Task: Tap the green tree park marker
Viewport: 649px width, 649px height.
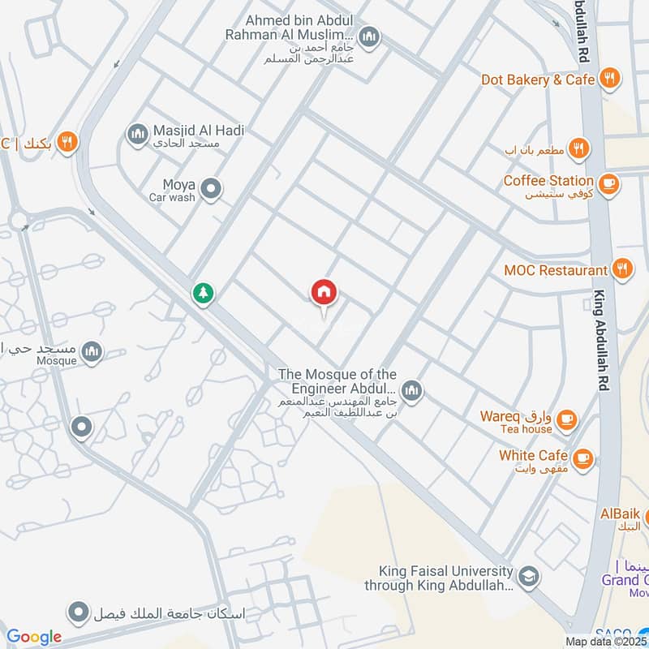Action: (x=203, y=293)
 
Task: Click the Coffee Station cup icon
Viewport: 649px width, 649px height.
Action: (x=609, y=185)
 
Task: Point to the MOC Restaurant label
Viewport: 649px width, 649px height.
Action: (x=556, y=270)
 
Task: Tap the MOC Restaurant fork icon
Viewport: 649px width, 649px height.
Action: (x=622, y=269)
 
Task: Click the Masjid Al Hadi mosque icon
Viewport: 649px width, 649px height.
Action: (x=137, y=132)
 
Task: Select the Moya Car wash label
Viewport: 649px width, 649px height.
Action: (x=173, y=191)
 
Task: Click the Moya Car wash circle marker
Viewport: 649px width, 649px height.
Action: (x=212, y=190)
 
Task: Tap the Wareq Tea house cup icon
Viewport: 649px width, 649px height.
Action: (x=567, y=419)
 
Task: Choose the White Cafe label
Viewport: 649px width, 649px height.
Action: (x=533, y=455)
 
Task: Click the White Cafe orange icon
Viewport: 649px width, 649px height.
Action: (x=582, y=459)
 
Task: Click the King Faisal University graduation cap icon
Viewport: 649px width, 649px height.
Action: (x=529, y=576)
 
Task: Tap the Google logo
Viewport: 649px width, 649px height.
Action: (x=34, y=637)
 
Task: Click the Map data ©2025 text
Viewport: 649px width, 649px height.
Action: (x=606, y=641)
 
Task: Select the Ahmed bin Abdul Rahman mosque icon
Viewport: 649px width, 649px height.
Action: (x=369, y=37)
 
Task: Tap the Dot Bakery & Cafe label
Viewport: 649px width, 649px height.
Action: (x=538, y=80)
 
